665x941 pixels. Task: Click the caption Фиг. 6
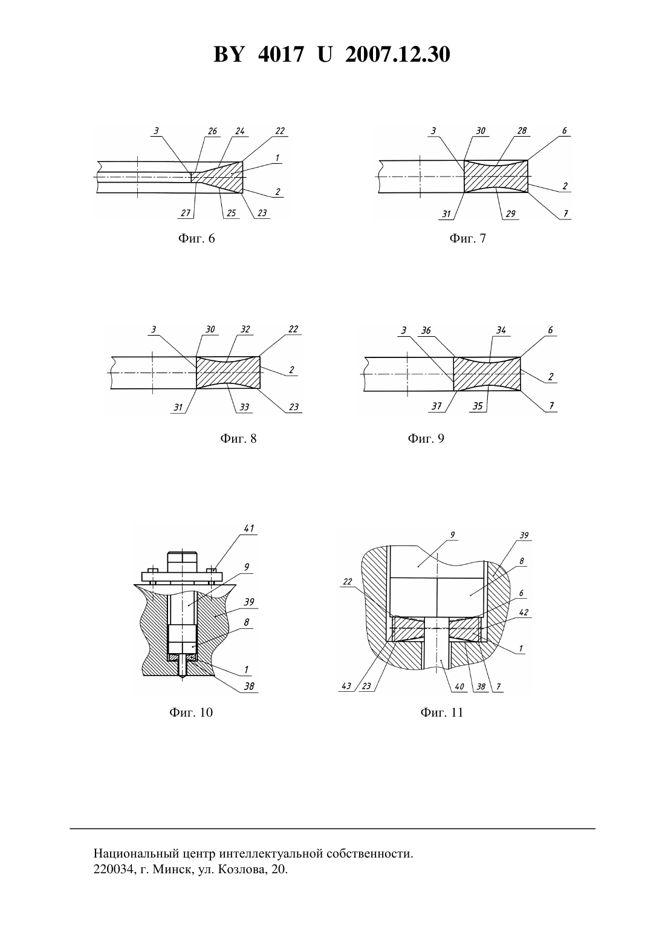[x=196, y=239]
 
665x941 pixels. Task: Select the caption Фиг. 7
[x=468, y=239]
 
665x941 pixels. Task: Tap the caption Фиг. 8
[x=238, y=438]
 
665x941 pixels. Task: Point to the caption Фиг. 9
[x=426, y=438]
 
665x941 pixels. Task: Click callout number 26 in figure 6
[x=212, y=131]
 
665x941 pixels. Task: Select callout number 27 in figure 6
[x=186, y=213]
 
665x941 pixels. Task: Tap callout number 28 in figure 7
[x=521, y=131]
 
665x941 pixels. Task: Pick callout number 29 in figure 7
[x=510, y=214]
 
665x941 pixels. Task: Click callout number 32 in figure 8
[x=245, y=330]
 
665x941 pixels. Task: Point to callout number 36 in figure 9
[x=426, y=331]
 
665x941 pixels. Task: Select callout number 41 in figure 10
[x=249, y=529]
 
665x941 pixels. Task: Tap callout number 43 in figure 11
[x=346, y=686]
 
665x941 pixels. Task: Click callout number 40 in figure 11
[x=459, y=686]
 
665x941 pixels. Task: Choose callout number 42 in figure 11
[x=523, y=613]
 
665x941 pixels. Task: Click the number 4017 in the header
[x=281, y=54]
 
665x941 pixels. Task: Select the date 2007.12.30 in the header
[x=398, y=54]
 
